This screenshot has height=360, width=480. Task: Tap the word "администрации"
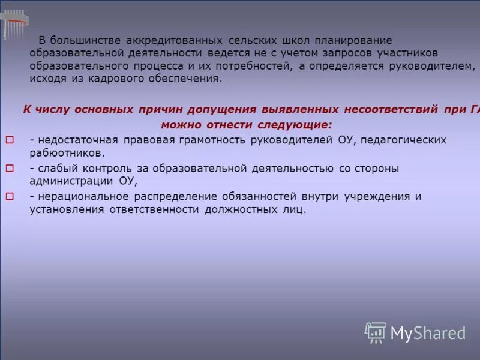point(68,181)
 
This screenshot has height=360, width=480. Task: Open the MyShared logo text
point(428,333)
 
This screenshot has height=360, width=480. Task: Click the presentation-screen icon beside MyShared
point(375,332)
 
